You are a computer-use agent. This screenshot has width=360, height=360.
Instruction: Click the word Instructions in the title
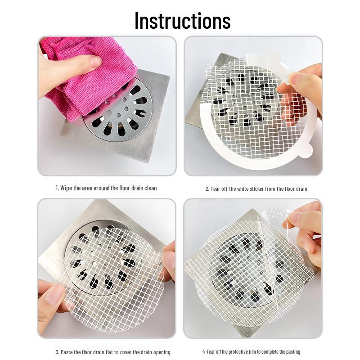182,21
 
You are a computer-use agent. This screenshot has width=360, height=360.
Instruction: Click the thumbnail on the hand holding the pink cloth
96,61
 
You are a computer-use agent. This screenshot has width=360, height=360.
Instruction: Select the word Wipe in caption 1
66,188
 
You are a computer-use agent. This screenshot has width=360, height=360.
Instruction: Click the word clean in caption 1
151,188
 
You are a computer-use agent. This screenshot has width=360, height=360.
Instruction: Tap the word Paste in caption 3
67,352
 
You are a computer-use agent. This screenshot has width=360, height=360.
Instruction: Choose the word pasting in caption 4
293,351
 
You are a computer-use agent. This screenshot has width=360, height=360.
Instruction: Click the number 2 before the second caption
207,189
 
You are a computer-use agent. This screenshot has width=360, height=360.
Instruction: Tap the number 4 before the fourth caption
204,351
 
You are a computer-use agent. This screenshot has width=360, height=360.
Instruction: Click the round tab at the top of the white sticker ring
273,55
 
